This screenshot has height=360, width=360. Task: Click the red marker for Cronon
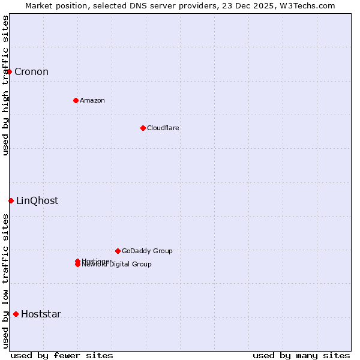pos(9,72)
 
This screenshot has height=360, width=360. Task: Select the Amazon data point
pos(76,100)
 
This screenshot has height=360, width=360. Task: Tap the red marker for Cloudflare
pos(143,128)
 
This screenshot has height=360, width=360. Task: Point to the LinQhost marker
pos(11,200)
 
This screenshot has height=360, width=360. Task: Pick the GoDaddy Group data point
pos(118,251)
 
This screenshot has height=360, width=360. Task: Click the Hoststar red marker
pos(16,314)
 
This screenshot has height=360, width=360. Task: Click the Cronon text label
pos(31,72)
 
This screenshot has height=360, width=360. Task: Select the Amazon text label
pos(92,100)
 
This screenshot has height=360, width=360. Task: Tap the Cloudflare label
pos(163,128)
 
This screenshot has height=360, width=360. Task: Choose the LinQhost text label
pos(37,201)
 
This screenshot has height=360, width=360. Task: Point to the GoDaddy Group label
pos(147,251)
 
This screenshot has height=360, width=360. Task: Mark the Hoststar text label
pos(41,314)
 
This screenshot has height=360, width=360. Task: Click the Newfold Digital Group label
pos(117,265)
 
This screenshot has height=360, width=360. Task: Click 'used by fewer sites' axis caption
pos(62,355)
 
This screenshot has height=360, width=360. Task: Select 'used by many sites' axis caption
pos(301,355)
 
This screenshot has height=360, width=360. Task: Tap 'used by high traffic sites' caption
pos(5,85)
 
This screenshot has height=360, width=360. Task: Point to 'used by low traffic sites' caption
pos(5,281)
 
